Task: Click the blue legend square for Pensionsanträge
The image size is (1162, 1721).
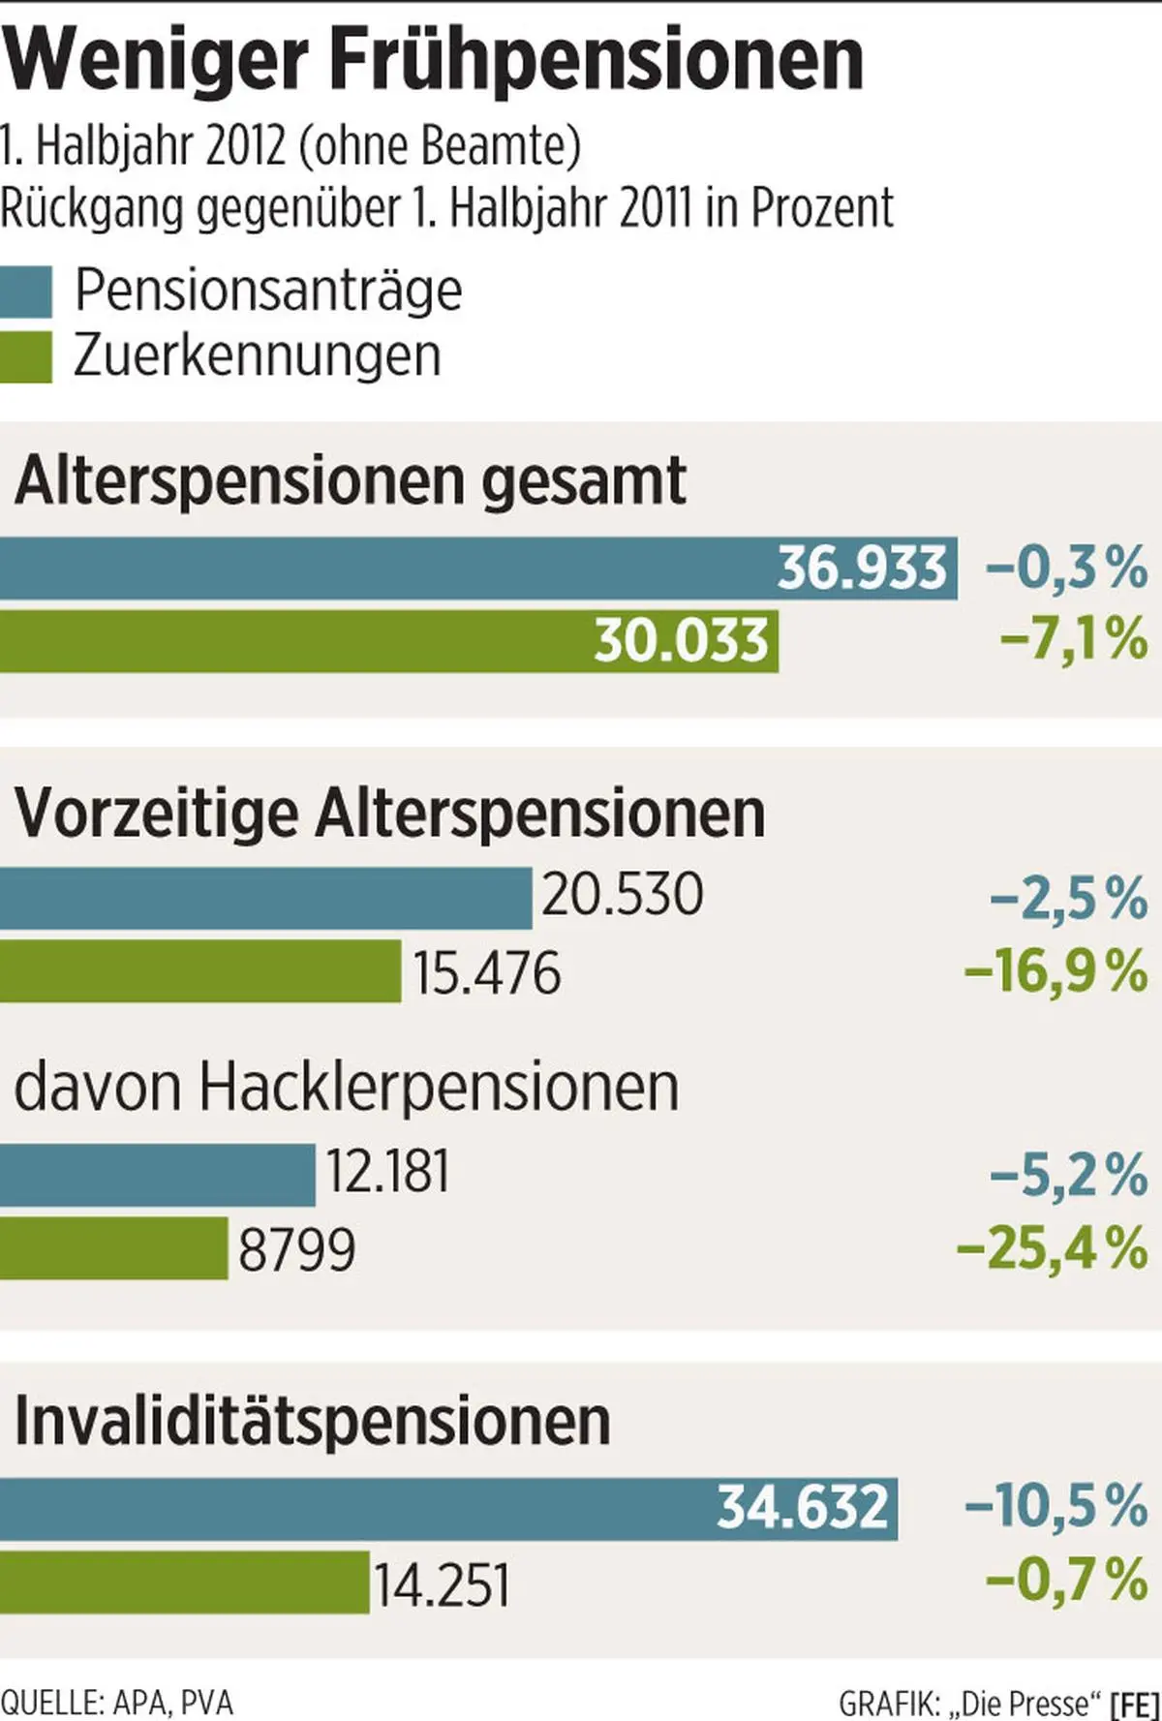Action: [26, 292]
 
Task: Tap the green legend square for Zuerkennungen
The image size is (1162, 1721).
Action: [26, 357]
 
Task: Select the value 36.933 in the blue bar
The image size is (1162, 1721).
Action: [862, 568]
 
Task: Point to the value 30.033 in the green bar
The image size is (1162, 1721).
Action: [682, 640]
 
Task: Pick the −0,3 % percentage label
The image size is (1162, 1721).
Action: [1066, 568]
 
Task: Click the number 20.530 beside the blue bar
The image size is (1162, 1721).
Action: [622, 895]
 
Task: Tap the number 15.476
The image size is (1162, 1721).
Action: [487, 972]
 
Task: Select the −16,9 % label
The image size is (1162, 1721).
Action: [1056, 971]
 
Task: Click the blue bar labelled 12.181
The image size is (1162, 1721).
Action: [157, 1175]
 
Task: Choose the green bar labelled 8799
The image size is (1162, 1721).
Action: [113, 1248]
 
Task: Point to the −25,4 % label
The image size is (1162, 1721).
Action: [1052, 1248]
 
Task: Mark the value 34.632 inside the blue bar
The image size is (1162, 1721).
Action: [803, 1508]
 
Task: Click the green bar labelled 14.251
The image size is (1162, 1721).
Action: [184, 1583]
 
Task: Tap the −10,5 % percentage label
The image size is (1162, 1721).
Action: [1056, 1507]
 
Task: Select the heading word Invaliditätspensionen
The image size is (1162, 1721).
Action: [313, 1422]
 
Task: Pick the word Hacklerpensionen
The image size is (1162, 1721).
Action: [439, 1089]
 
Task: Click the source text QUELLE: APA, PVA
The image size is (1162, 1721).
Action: [117, 1702]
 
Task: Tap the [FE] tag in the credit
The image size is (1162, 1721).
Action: [1135, 1703]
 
